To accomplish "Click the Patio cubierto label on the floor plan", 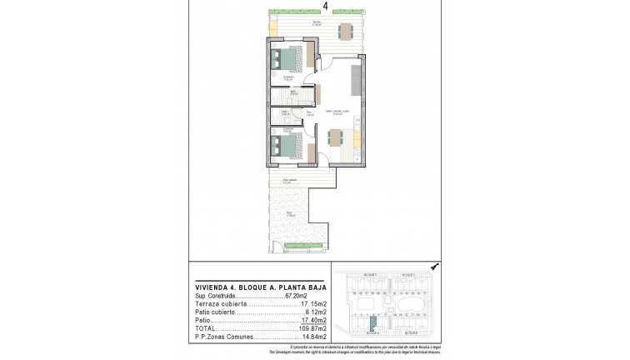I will click(x=290, y=180).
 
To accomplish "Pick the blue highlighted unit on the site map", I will click(x=372, y=319).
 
